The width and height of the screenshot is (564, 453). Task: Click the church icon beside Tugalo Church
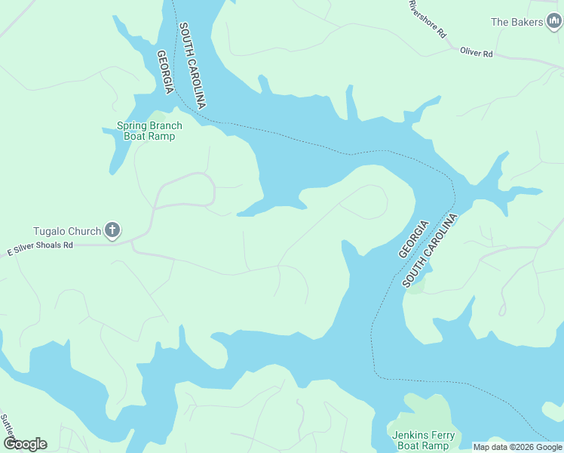coord(112,230)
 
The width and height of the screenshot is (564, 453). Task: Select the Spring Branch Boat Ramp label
coord(146,131)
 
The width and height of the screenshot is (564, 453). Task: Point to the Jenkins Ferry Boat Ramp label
coord(421,440)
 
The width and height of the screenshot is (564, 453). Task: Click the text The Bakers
coord(516,22)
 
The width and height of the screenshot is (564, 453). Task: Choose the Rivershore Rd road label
coord(428,18)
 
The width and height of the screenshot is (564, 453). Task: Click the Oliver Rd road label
coord(477,54)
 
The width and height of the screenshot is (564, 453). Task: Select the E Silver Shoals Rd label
coord(40,245)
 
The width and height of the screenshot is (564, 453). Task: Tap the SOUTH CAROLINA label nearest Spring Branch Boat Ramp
coord(192,65)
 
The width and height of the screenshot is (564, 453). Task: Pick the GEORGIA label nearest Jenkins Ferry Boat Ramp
coord(413,239)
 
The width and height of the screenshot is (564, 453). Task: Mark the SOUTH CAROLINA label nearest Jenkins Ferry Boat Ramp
coord(431,250)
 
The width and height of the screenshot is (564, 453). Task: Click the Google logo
coord(24,443)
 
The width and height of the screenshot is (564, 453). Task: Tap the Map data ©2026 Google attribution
coord(516,447)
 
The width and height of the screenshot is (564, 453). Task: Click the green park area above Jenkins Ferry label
coord(426,411)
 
